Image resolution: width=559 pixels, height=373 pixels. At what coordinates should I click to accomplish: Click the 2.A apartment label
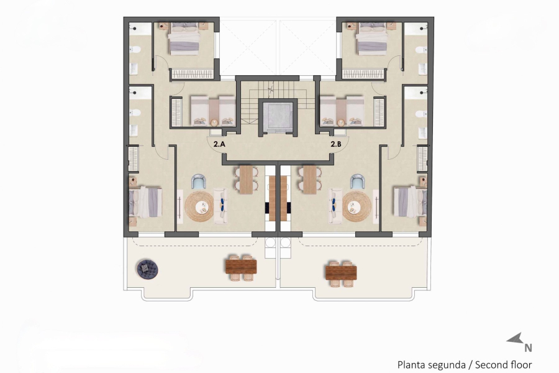[219, 144]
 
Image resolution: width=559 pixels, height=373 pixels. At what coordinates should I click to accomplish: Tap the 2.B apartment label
[336, 144]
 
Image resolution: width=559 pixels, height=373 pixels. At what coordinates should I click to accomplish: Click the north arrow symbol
[516, 339]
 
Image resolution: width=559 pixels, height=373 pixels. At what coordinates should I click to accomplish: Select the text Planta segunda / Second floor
[465, 365]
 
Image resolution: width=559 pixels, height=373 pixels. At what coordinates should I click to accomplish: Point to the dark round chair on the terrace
[148, 268]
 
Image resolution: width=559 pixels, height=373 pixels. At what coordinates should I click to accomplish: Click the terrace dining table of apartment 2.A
[241, 266]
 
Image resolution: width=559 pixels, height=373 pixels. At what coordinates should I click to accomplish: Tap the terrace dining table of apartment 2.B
[341, 271]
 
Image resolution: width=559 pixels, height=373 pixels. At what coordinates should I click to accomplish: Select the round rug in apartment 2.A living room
[200, 206]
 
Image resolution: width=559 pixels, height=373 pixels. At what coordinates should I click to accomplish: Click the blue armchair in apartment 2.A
[199, 182]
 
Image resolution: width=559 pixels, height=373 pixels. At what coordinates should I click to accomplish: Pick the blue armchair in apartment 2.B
[358, 182]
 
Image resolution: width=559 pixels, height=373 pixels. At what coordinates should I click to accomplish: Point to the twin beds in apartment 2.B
[342, 111]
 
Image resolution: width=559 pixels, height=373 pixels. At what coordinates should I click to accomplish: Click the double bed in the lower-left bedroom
[146, 202]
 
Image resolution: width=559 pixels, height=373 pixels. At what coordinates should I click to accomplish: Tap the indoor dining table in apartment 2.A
[246, 179]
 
